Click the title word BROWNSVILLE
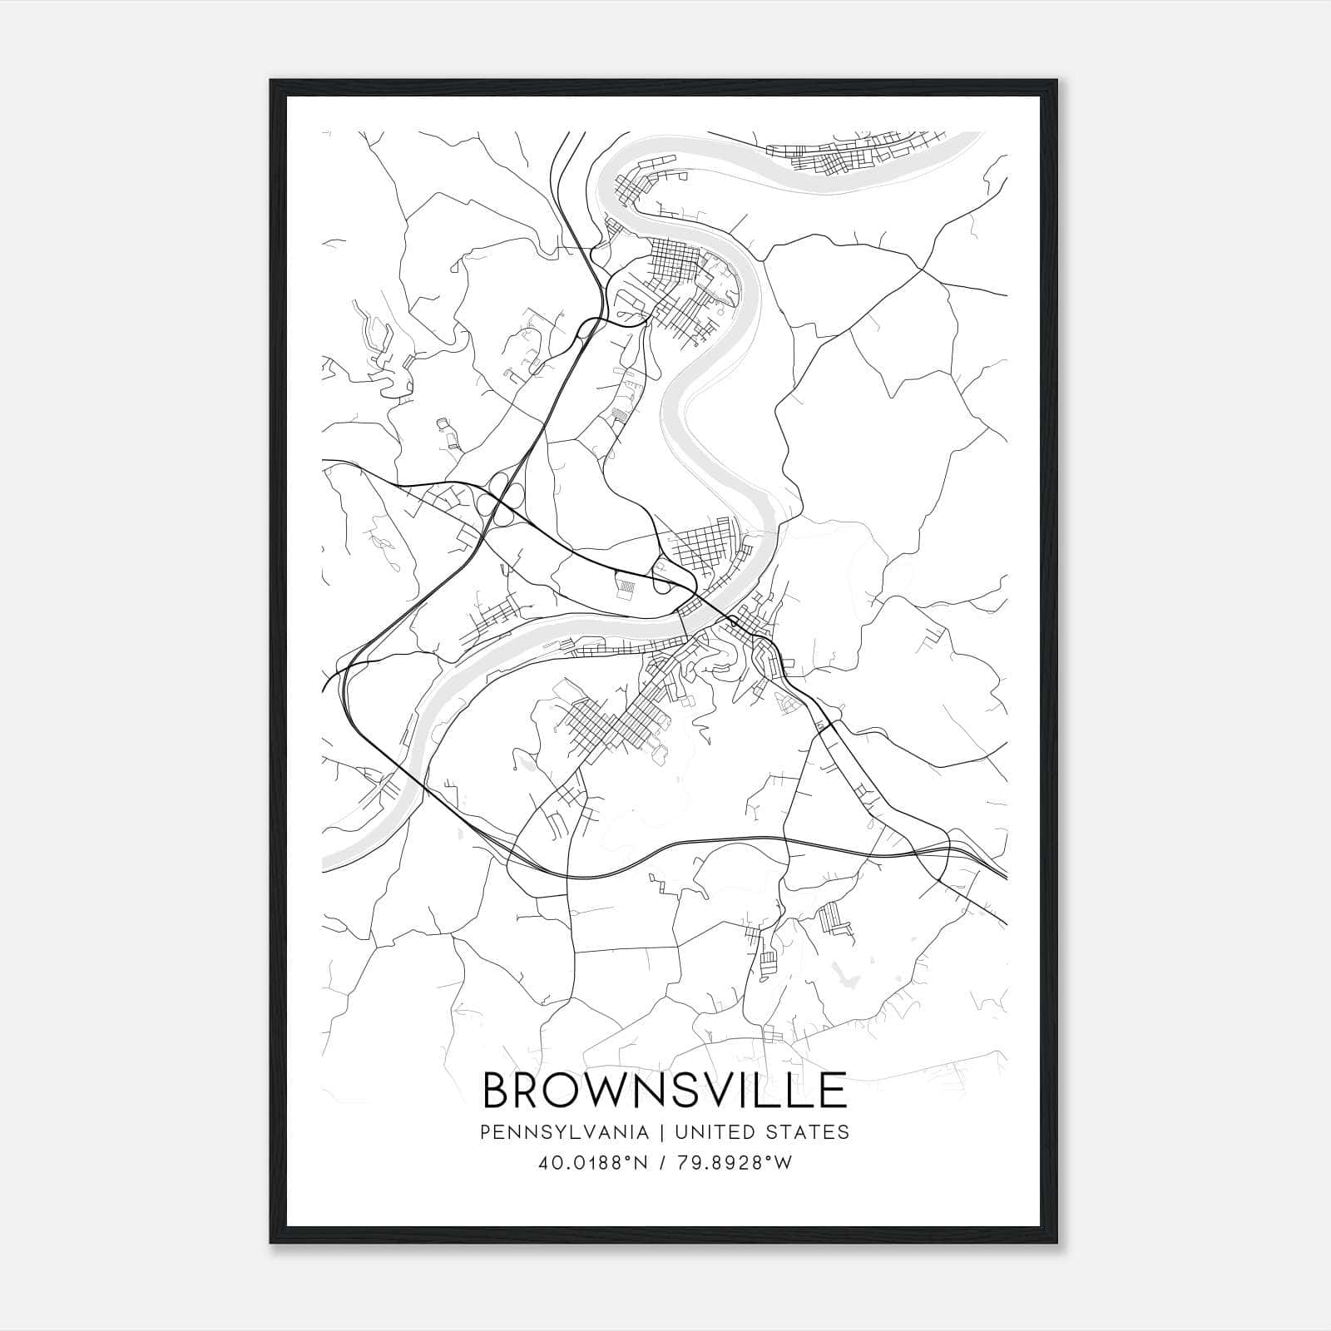[x=665, y=1090]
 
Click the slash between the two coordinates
[x=661, y=1163]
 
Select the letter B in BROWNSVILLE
[x=497, y=1090]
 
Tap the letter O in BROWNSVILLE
[x=566, y=1090]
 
